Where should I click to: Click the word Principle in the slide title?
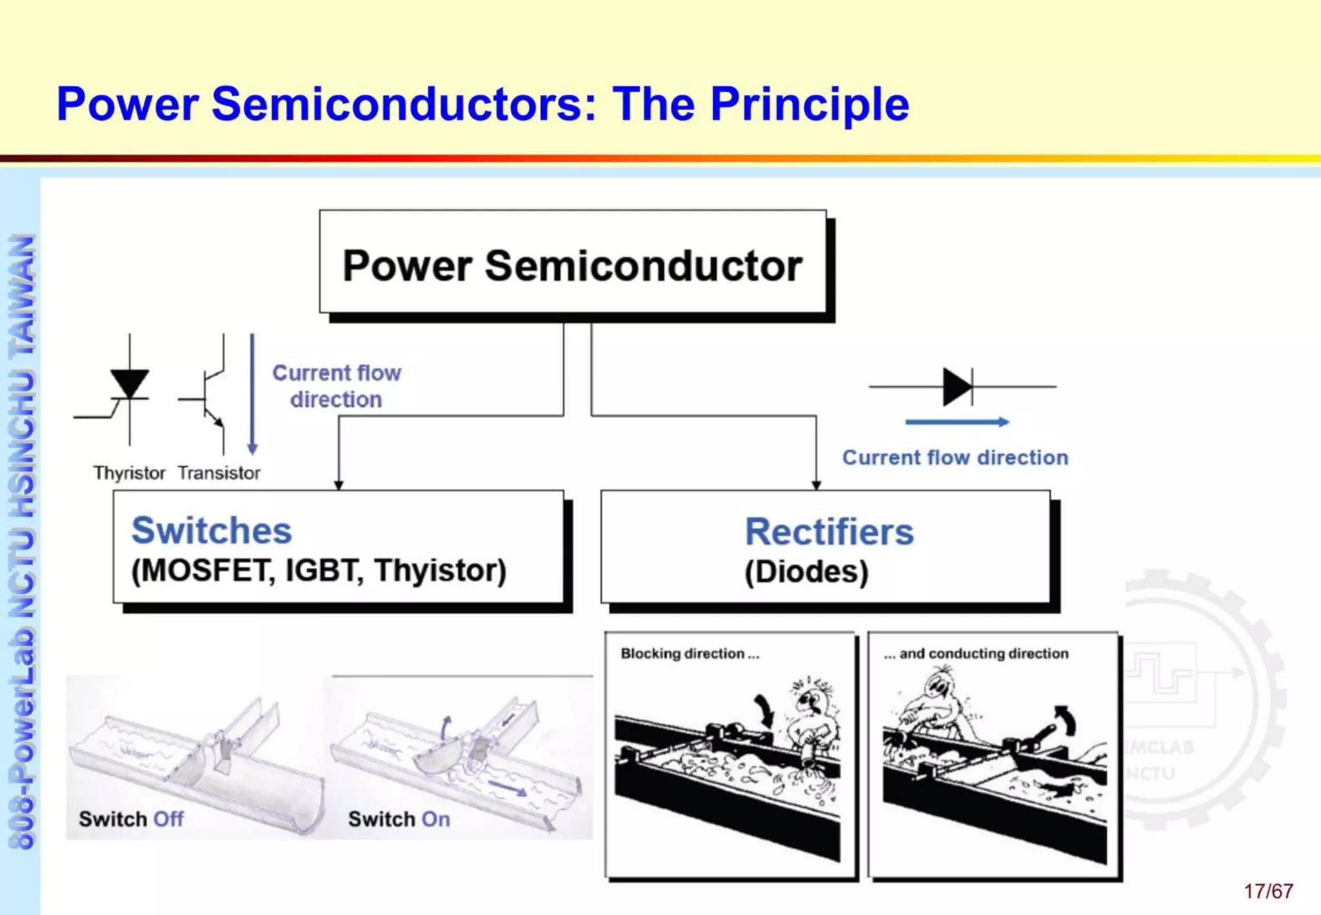coord(809,105)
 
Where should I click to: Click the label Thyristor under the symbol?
coord(129,473)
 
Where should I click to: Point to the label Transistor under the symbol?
coord(219,473)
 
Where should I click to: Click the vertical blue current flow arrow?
coord(252,394)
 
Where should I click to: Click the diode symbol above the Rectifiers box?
coord(958,387)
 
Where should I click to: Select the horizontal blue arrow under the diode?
coord(957,422)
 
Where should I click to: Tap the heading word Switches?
coord(212,530)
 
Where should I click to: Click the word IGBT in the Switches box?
coord(320,570)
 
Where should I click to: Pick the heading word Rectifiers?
coord(829,532)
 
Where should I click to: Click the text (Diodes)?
coord(806,572)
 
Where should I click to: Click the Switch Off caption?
coord(131,819)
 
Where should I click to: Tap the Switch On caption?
coord(399,819)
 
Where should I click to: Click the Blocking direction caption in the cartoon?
coord(690,654)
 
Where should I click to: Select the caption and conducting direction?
coord(976,654)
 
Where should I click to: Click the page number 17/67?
coord(1268,891)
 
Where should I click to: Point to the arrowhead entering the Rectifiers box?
coord(816,485)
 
